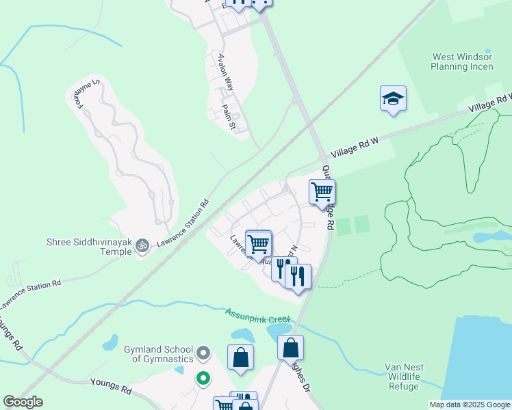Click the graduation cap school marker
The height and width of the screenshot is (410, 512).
(x=393, y=98)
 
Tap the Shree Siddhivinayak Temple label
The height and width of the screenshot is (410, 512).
(x=88, y=246)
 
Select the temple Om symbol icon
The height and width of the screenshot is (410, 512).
(x=142, y=245)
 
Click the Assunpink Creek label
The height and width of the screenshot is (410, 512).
(x=258, y=316)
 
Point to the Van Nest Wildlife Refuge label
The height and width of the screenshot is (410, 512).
(x=403, y=377)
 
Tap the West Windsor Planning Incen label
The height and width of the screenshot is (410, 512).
(x=462, y=62)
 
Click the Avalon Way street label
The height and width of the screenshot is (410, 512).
(x=226, y=72)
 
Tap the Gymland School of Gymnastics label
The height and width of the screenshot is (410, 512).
(x=158, y=354)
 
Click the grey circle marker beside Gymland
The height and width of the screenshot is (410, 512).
(x=203, y=353)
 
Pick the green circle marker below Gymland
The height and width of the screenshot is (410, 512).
(x=203, y=377)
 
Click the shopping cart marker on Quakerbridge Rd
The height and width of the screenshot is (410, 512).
(x=322, y=191)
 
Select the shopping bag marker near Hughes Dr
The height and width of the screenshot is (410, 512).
(x=291, y=347)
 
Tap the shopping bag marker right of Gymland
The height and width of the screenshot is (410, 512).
(x=240, y=357)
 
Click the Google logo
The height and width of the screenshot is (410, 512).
(x=23, y=402)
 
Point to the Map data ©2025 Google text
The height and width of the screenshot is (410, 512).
(x=470, y=405)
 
